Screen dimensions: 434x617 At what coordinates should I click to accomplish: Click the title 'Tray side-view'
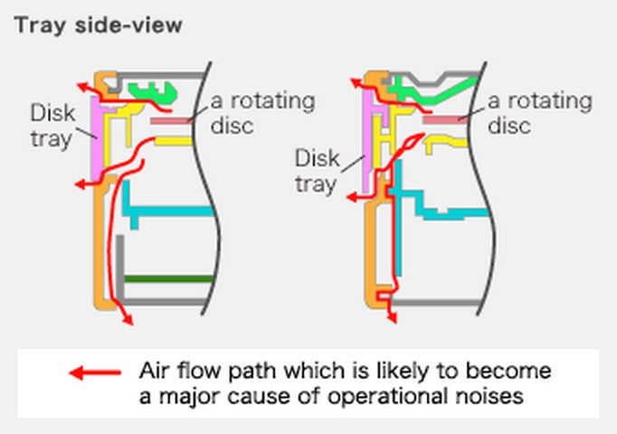pos(98,25)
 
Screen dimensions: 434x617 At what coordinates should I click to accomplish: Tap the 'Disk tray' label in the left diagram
pos(52,126)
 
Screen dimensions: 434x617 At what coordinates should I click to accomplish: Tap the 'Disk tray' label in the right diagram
pos(318,171)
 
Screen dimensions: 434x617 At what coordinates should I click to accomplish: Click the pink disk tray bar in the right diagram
pos(369,145)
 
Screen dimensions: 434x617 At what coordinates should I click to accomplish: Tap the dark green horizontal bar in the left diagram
pos(168,278)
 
